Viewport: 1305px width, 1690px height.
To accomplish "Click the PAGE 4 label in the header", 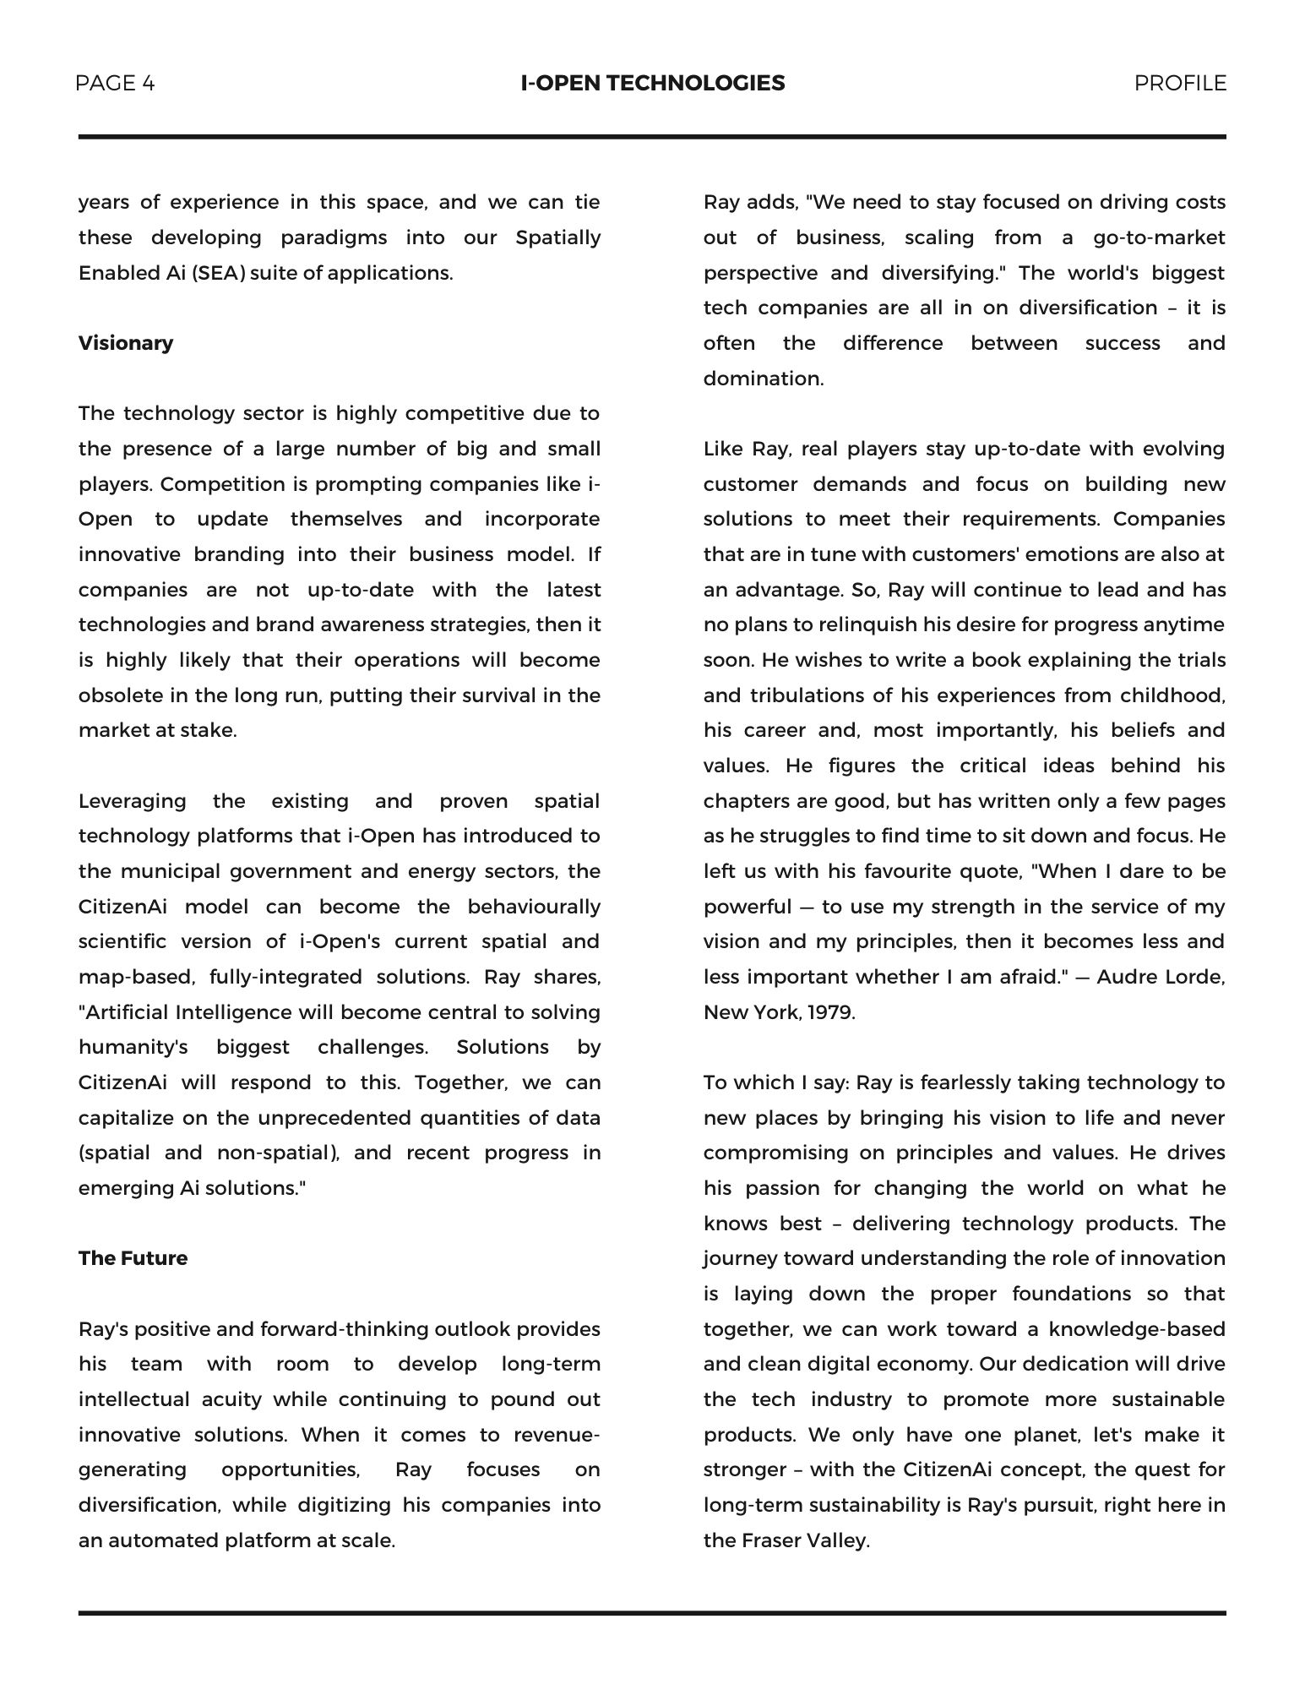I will [x=115, y=83].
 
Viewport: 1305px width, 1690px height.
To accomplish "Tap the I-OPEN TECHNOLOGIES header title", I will [x=652, y=83].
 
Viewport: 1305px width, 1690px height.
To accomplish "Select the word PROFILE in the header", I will [x=1179, y=83].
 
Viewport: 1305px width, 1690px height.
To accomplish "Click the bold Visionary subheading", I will [x=126, y=343].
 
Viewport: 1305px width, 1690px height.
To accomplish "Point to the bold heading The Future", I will [x=133, y=1258].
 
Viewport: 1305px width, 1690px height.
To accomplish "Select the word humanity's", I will [x=133, y=1047].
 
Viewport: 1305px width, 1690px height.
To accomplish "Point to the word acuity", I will [x=231, y=1399].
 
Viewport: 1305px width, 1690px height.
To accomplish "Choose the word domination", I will [x=763, y=379].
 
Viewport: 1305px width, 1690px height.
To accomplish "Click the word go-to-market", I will [x=1159, y=237].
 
